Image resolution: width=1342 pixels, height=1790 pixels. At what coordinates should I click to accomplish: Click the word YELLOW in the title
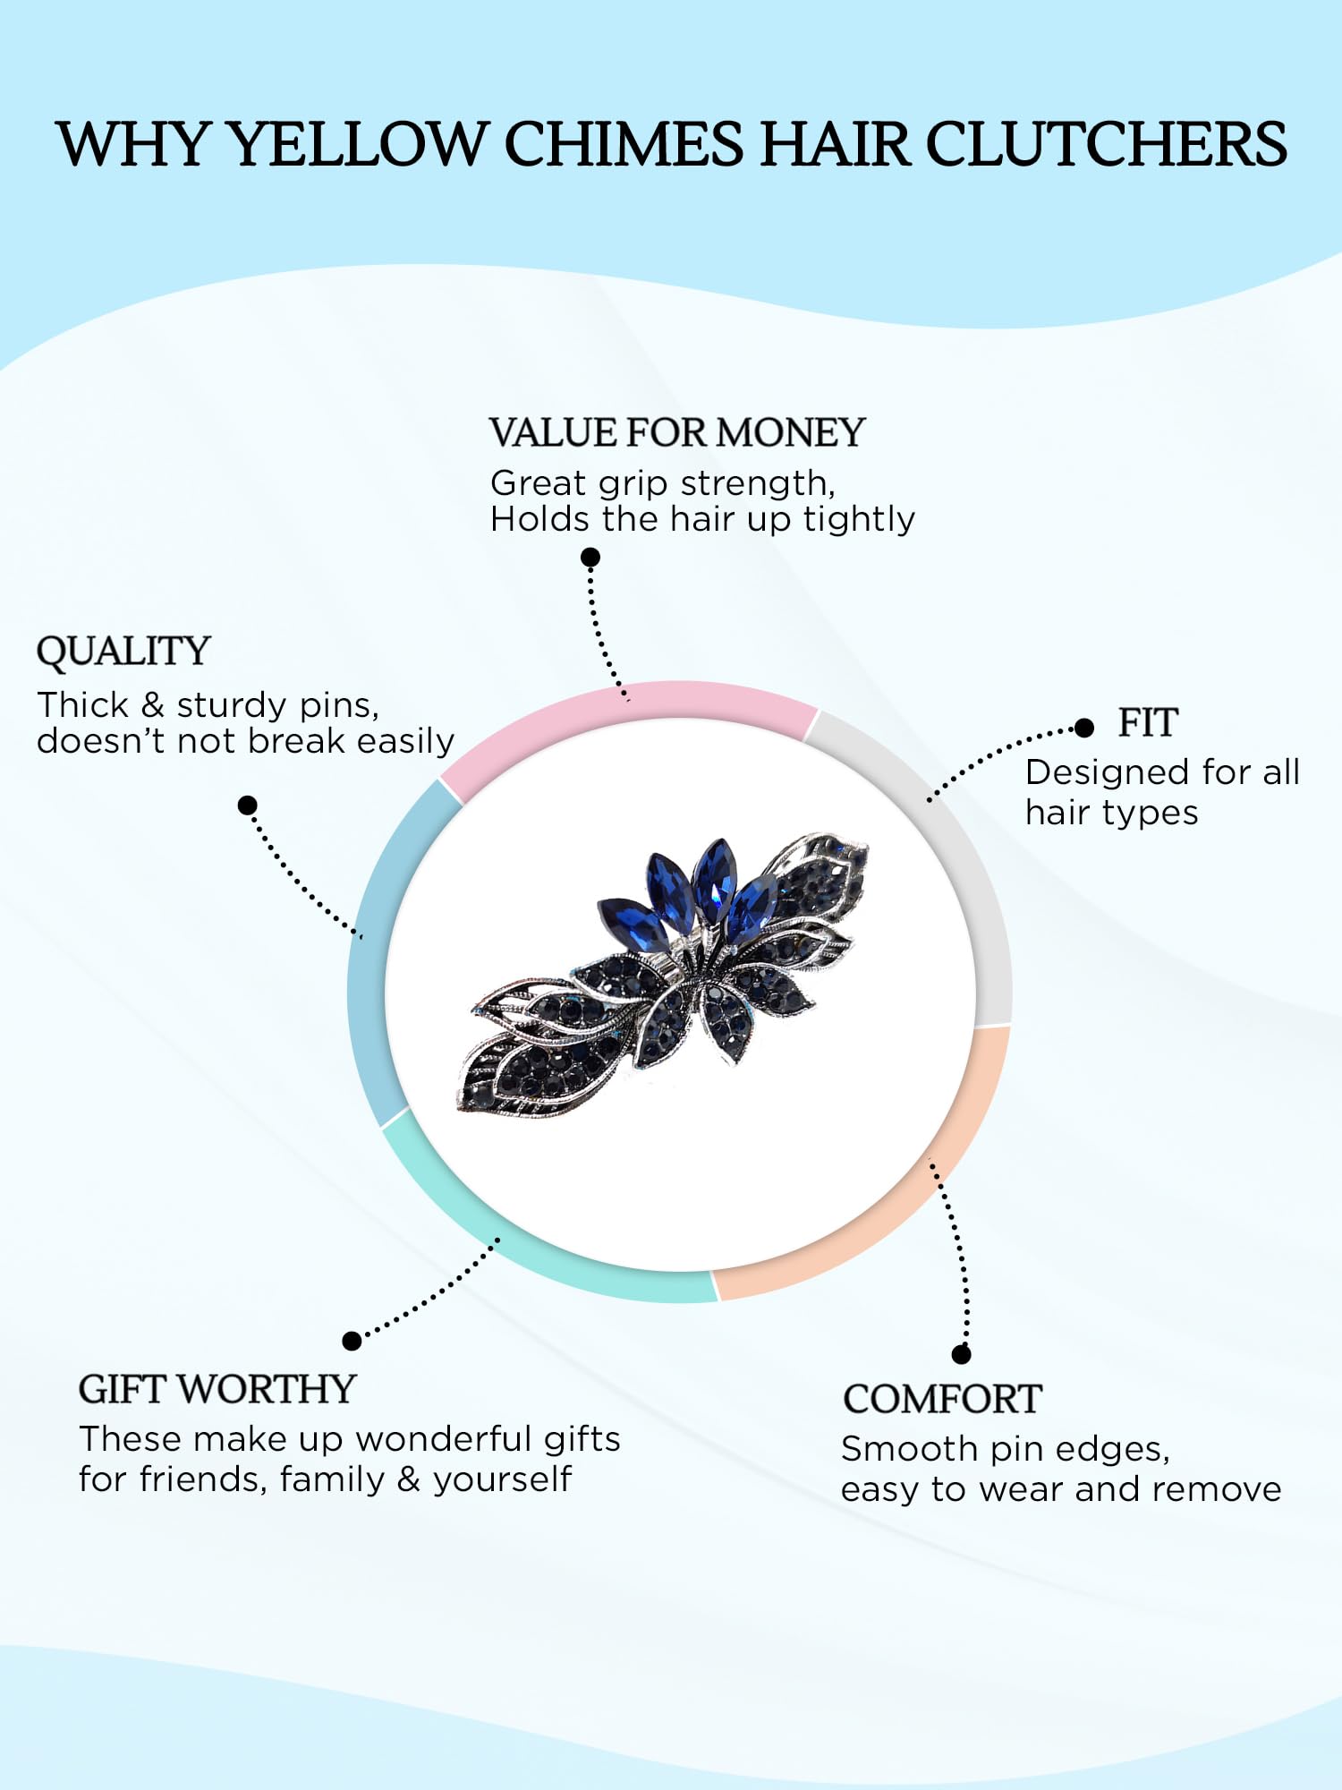[357, 144]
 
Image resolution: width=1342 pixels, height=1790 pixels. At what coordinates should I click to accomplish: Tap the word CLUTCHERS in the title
[1106, 144]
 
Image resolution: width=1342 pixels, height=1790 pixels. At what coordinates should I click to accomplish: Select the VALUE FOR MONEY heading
[677, 433]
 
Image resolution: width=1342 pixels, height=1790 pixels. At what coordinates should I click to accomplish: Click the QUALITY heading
[123, 652]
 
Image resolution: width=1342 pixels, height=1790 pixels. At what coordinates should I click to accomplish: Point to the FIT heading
[1148, 723]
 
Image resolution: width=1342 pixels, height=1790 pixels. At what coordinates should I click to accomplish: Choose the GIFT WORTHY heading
[217, 1389]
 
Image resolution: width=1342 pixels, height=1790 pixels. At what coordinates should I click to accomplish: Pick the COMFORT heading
[942, 1399]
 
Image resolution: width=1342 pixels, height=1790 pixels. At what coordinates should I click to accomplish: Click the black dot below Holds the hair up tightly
[590, 558]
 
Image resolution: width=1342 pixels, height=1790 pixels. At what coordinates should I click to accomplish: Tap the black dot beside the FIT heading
[1084, 728]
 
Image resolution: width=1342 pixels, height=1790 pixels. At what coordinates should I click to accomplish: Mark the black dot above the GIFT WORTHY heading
[352, 1341]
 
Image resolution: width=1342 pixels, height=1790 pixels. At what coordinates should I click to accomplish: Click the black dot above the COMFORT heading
[962, 1354]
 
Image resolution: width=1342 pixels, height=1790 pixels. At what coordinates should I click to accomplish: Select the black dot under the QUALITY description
[248, 805]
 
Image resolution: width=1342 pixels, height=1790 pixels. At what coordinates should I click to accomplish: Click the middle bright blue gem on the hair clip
[714, 882]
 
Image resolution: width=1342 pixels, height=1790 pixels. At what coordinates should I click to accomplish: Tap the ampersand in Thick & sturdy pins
[153, 705]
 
